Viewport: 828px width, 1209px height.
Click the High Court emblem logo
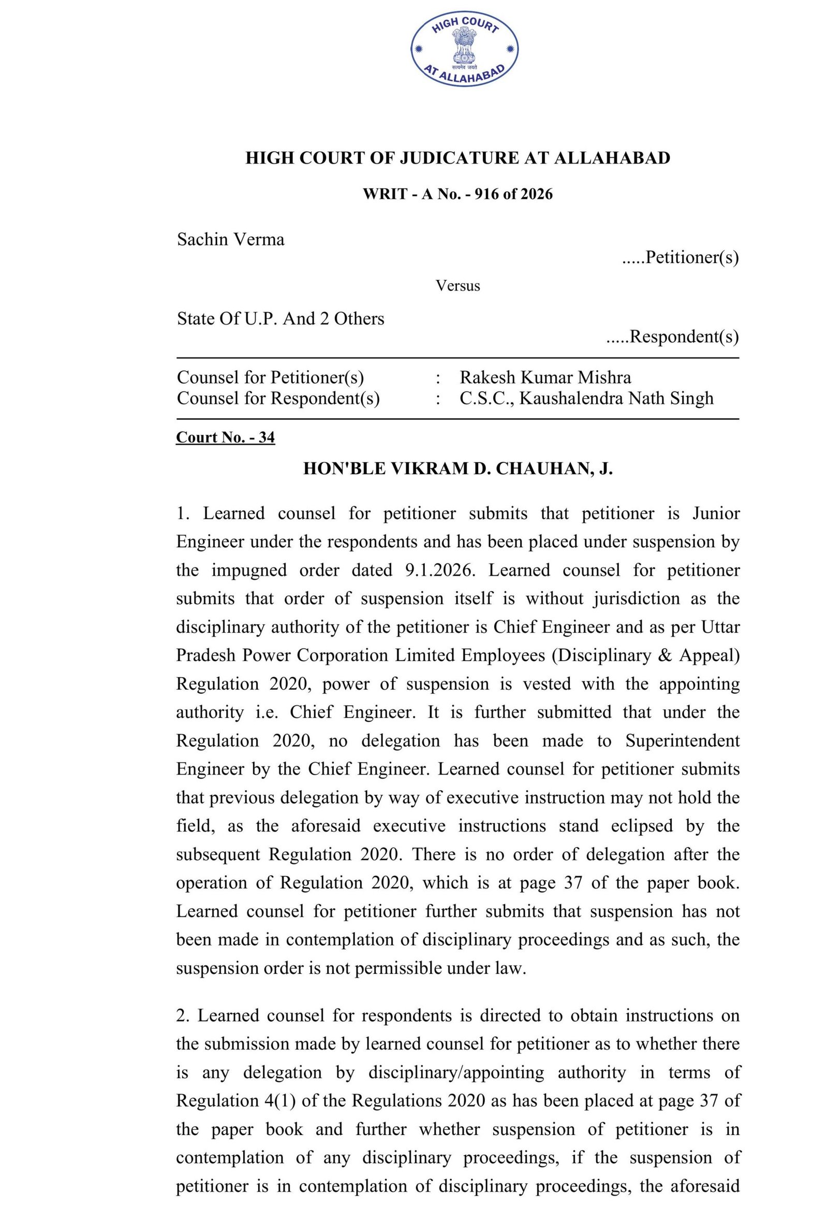point(464,50)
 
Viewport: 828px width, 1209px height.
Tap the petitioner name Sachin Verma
point(230,239)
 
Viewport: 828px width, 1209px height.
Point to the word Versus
point(457,286)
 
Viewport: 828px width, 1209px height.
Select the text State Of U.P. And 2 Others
point(280,318)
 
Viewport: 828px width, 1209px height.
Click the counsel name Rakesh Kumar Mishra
point(545,377)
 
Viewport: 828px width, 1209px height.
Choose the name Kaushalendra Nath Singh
point(616,398)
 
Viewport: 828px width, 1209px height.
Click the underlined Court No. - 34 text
point(225,437)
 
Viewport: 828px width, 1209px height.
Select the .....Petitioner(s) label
point(681,257)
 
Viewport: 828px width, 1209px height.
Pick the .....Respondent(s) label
point(672,337)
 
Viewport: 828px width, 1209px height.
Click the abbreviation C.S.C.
point(487,398)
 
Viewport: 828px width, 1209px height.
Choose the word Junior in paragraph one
point(716,514)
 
